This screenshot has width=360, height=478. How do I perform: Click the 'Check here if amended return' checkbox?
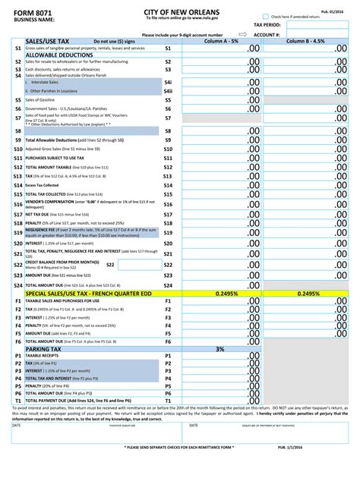coord(266,16)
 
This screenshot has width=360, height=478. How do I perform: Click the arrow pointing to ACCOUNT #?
coord(243,34)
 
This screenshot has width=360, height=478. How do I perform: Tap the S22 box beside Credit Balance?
coord(110,265)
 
